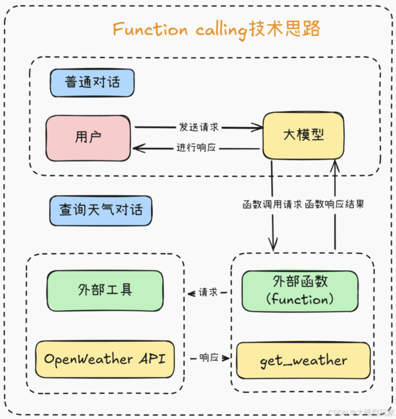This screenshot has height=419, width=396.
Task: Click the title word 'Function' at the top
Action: [150, 29]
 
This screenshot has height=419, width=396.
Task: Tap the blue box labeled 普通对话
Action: [92, 82]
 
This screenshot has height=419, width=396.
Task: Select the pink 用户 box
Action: [88, 138]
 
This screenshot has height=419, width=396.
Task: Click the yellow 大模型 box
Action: [303, 135]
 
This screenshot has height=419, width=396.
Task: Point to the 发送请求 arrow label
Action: [199, 127]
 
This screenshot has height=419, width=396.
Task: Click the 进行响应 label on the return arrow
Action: [196, 148]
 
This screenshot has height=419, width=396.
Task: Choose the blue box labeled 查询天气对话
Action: [100, 210]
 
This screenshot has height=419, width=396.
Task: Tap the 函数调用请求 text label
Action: [272, 205]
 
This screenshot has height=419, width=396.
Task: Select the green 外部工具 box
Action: [105, 291]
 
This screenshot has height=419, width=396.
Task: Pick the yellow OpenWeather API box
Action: [105, 359]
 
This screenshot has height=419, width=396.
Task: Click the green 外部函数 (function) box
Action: [300, 291]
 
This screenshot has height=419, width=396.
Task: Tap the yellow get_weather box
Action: [303, 361]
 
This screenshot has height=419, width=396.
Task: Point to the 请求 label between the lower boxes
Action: [208, 293]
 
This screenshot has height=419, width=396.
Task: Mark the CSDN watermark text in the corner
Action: [361, 412]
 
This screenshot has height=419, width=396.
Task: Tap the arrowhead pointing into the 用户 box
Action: [137, 148]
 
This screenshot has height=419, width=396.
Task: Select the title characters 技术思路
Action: [285, 29]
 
